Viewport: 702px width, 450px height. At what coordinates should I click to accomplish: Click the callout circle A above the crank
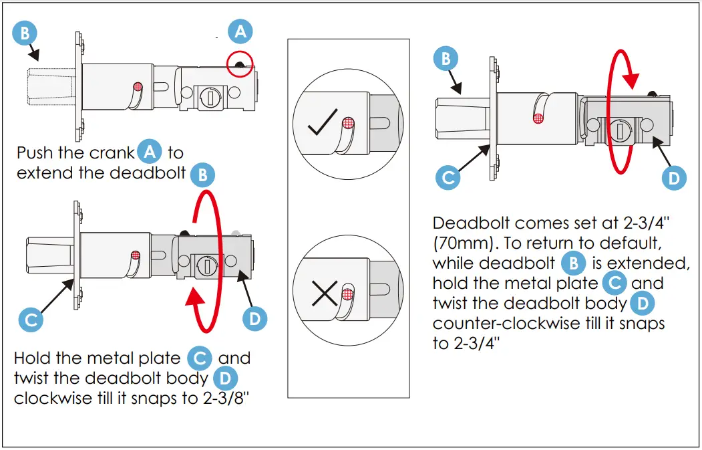click(241, 31)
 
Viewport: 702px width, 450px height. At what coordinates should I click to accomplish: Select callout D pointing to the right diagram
click(673, 178)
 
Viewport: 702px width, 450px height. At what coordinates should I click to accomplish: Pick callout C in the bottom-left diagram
click(30, 319)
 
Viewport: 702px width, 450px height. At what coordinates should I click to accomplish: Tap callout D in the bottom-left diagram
click(254, 318)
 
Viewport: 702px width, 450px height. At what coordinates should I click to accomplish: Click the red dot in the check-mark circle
click(348, 123)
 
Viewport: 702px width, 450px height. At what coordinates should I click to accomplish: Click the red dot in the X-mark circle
click(347, 294)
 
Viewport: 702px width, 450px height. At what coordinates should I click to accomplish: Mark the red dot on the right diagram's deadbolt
click(538, 118)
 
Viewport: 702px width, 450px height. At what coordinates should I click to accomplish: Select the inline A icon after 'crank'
click(150, 152)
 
